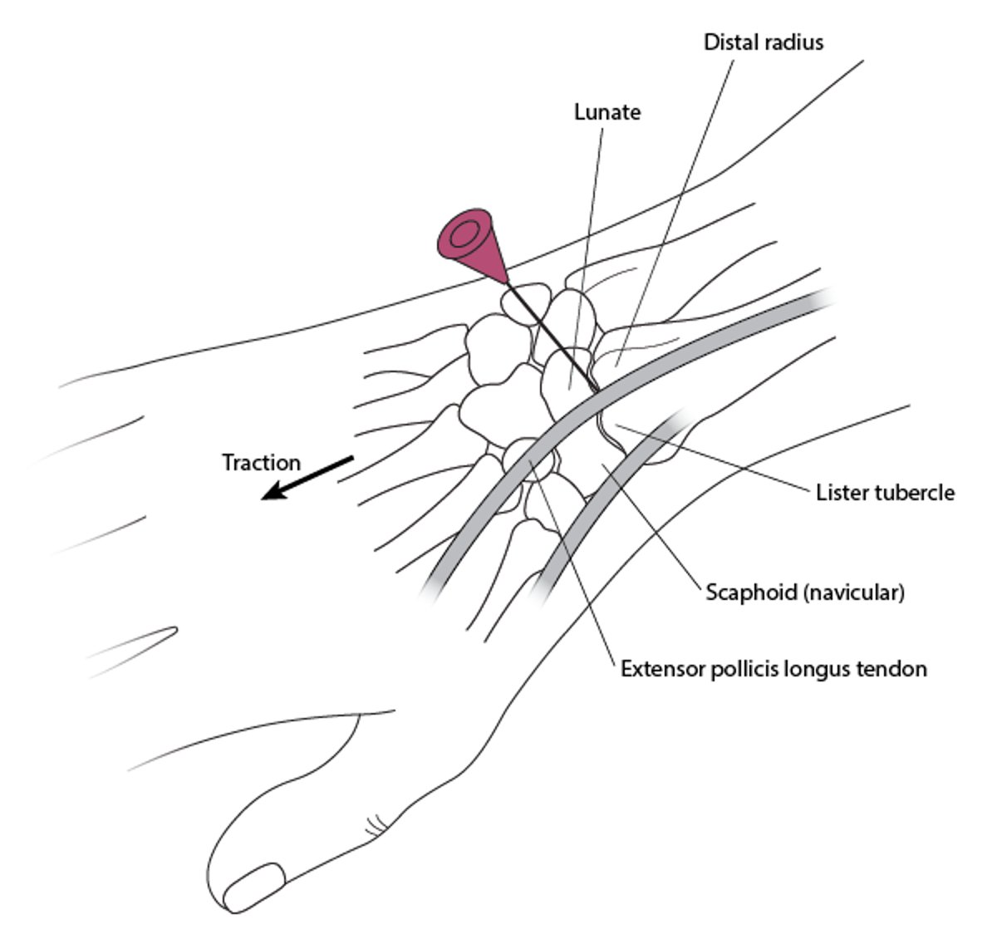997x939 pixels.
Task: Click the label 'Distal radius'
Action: point(763,42)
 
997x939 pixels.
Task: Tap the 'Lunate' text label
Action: point(607,112)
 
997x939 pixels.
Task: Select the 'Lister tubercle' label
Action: point(885,493)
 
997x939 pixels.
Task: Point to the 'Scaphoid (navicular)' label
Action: point(805,592)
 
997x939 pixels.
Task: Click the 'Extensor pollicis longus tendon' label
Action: point(774,668)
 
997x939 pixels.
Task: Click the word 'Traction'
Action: point(261,462)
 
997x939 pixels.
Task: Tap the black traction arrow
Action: point(307,479)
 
